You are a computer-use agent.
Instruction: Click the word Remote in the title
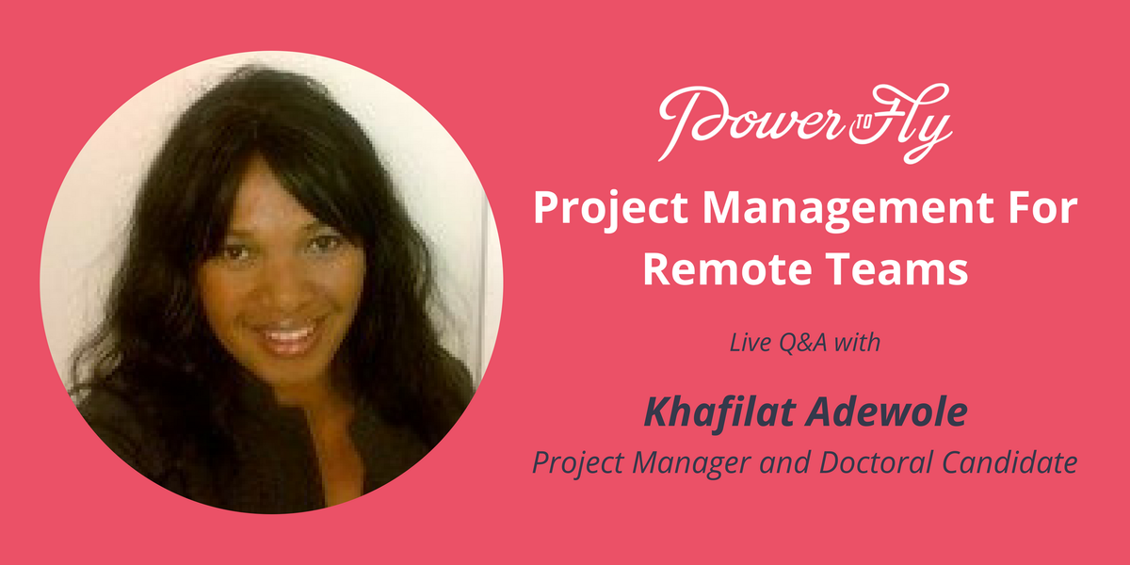click(x=723, y=270)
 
